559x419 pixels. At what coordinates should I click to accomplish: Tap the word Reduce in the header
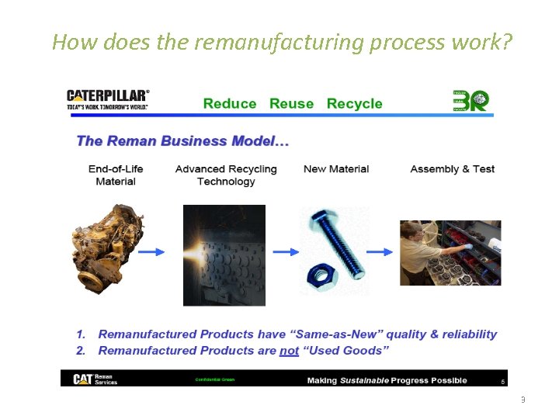point(230,104)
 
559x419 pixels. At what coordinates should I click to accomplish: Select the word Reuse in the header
point(291,104)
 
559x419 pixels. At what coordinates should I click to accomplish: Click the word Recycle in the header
point(354,104)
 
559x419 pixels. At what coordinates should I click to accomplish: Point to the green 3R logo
point(470,101)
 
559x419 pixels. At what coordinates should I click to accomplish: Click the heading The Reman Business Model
point(182,141)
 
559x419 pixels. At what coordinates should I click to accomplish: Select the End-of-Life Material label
point(116,175)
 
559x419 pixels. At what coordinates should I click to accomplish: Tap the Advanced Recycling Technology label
point(226,175)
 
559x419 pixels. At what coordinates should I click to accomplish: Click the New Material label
point(336,169)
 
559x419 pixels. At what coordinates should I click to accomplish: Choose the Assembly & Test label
point(452,169)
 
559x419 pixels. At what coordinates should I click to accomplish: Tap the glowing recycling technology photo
point(224,255)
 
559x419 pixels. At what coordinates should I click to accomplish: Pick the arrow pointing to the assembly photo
point(379,251)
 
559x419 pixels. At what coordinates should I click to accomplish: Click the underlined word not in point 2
point(290,351)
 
